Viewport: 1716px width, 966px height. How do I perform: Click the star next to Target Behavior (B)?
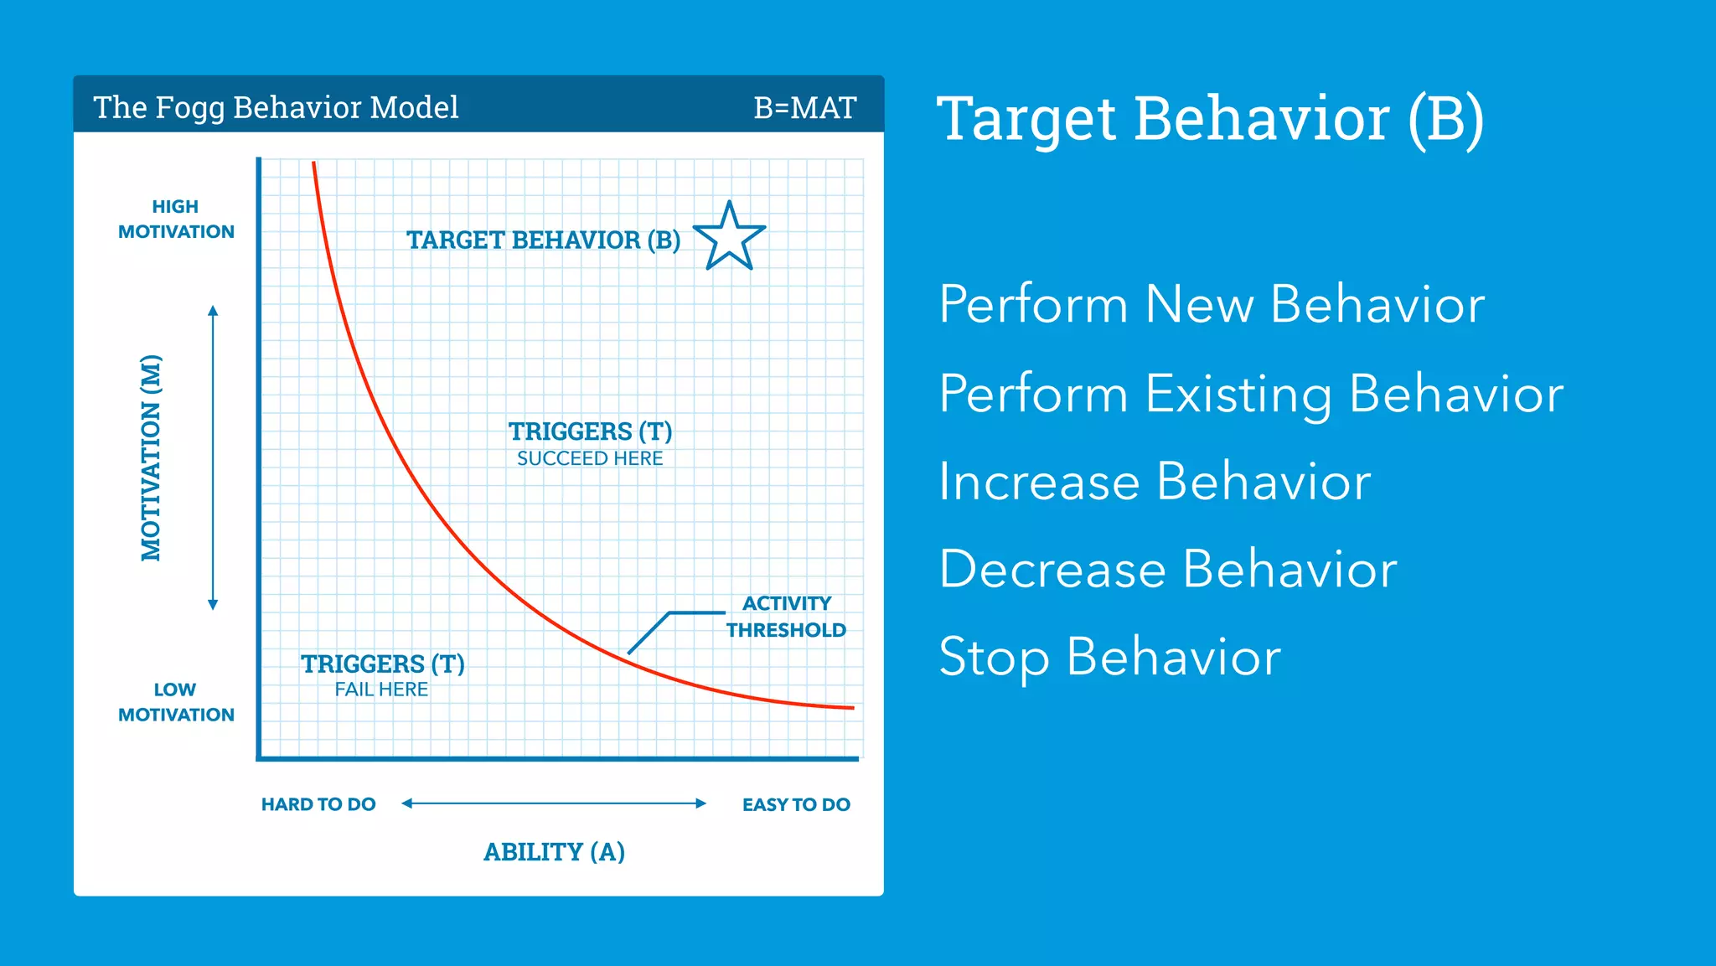tap(730, 238)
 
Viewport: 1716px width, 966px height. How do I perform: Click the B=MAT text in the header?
tap(804, 108)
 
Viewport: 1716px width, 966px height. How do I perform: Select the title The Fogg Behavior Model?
tap(276, 108)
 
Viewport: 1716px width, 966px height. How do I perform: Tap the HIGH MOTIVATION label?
tap(176, 220)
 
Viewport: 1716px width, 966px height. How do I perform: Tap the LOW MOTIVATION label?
tap(176, 702)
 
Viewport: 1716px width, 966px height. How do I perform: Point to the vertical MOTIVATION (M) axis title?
tap(151, 457)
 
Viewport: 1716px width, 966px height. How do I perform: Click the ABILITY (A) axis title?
tap(554, 852)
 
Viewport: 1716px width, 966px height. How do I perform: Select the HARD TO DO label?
tap(318, 804)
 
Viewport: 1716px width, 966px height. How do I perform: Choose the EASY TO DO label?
tap(796, 804)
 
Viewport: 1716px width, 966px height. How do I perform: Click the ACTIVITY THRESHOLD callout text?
tap(786, 617)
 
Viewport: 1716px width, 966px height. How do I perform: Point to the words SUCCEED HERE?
tap(590, 458)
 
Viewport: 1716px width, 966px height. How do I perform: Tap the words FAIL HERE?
tap(381, 690)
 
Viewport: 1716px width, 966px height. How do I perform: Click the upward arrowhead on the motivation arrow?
tap(213, 311)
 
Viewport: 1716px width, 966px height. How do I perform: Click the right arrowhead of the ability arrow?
tap(701, 803)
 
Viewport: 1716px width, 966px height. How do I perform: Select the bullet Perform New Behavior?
tap(1211, 304)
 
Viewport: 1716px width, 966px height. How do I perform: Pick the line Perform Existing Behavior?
tap(1251, 393)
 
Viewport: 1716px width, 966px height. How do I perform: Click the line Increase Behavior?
tap(1154, 482)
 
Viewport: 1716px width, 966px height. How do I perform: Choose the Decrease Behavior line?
tap(1167, 570)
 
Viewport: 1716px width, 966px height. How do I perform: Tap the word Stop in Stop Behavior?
tap(994, 657)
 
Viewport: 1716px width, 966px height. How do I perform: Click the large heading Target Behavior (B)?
tap(1210, 119)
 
